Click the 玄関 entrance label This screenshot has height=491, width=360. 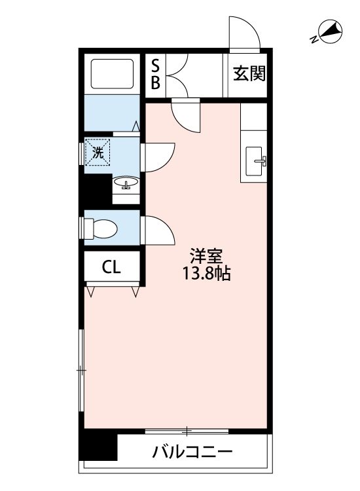point(249,74)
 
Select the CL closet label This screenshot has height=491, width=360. point(111,266)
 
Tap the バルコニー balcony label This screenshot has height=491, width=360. point(192,452)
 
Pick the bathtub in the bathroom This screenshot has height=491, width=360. point(111,73)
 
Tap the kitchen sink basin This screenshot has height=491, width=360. point(256,158)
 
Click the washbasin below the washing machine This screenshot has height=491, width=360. point(125,183)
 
